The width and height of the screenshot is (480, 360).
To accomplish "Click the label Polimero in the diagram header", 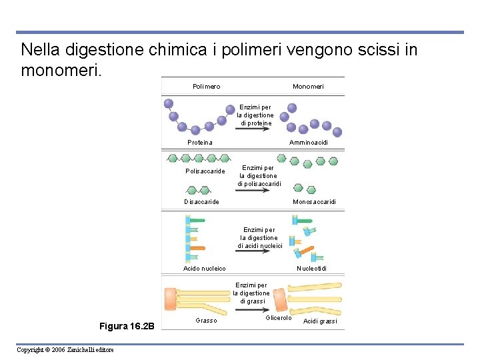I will tap(206, 87).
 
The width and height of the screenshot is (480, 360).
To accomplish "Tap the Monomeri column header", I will tap(308, 87).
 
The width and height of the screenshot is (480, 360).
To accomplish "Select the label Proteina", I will tap(200, 143).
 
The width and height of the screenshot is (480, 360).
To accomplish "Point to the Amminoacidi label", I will tap(308, 143).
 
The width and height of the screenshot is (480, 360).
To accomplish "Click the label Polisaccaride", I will tap(205, 171).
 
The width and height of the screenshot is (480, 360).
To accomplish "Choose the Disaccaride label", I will tap(201, 202).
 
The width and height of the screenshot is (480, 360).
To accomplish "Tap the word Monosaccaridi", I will tap(314, 202).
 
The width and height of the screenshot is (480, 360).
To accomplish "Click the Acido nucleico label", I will tap(205, 269).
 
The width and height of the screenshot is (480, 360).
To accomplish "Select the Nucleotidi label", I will tap(311, 269).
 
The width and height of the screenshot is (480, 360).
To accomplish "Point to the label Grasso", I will tap(206, 321).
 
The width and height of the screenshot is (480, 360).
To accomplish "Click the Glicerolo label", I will tap(279, 318).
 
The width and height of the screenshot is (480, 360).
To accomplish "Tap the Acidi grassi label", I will tap(320, 321).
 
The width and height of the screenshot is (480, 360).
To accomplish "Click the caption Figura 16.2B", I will tap(127, 326).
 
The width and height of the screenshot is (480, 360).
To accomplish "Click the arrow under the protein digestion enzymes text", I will tap(254, 132).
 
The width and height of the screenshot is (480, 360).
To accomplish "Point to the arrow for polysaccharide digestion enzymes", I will tap(253, 191).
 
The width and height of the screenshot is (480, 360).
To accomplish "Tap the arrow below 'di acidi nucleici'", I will tap(254, 254).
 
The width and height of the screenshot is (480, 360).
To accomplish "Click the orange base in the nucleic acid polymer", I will tap(197, 248).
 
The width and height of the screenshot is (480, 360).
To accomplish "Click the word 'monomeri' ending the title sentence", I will tap(60, 69).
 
